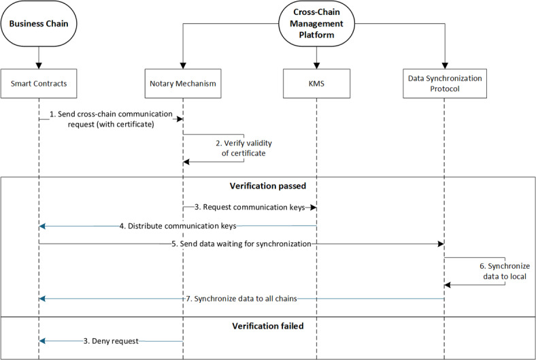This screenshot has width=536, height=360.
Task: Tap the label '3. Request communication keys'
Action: tap(249, 207)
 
